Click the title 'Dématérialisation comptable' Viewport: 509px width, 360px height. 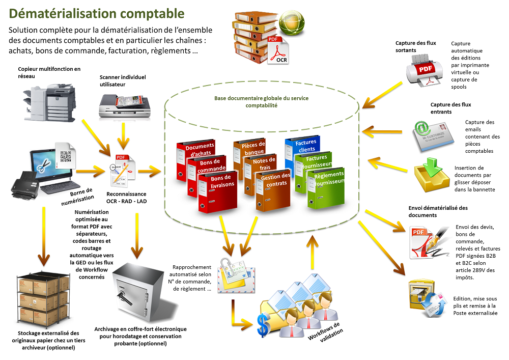pos(97,13)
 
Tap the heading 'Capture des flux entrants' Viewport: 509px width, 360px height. pos(448,108)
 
